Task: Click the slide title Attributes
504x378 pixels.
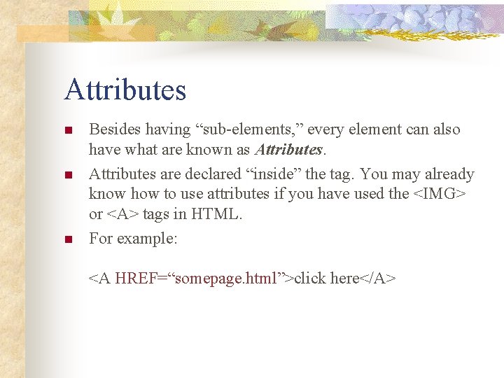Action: pos(125,90)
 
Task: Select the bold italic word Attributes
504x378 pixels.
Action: pos(288,149)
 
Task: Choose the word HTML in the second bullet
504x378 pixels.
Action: pos(218,215)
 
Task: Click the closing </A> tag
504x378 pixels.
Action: pos(379,279)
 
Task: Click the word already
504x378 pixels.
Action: pos(447,174)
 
